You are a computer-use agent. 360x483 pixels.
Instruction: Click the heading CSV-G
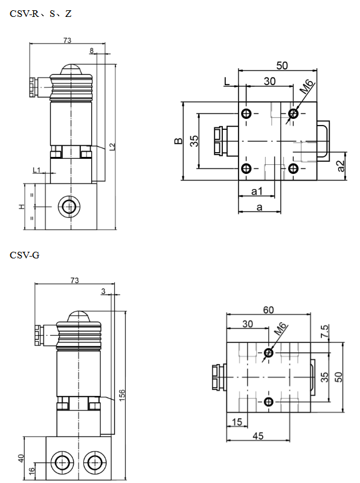[x=25, y=255]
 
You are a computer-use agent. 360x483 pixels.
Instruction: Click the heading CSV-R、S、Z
[x=40, y=13]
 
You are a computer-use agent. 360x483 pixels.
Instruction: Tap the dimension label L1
[x=37, y=171]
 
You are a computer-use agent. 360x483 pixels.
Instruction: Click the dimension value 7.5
[x=324, y=331]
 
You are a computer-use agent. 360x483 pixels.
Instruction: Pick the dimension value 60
[x=268, y=310]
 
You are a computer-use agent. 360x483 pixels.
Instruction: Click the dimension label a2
[x=341, y=165]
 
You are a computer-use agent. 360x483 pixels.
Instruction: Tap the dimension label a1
[x=257, y=191]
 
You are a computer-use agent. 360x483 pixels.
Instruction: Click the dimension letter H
[x=22, y=207]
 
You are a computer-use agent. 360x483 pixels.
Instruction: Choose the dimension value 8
[x=92, y=51]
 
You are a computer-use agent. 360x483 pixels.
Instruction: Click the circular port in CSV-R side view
[x=69, y=207]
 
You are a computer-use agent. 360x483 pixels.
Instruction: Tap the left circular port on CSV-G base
[x=62, y=463]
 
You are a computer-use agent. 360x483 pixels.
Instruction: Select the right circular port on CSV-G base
[x=93, y=463]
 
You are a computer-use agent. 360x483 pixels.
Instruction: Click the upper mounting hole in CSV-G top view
[x=269, y=353]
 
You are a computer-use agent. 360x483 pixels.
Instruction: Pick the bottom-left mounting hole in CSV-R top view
[x=246, y=168]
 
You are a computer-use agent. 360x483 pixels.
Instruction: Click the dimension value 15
[x=236, y=422]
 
